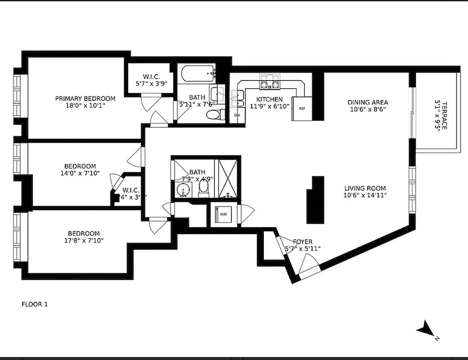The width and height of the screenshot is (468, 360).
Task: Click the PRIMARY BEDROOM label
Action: click(85, 99)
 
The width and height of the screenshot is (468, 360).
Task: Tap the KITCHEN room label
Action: click(269, 99)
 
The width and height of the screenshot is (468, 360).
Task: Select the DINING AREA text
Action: click(367, 102)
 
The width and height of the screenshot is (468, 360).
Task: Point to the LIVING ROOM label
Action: click(365, 188)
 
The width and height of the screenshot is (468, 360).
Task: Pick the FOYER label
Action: click(302, 242)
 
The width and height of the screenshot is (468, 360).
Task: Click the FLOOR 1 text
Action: click(35, 304)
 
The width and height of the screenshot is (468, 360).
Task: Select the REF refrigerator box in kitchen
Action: click(302, 108)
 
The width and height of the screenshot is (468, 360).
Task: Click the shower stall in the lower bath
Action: click(228, 178)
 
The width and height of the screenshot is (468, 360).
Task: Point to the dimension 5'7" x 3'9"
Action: click(151, 83)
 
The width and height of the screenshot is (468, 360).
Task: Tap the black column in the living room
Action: click(316, 200)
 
